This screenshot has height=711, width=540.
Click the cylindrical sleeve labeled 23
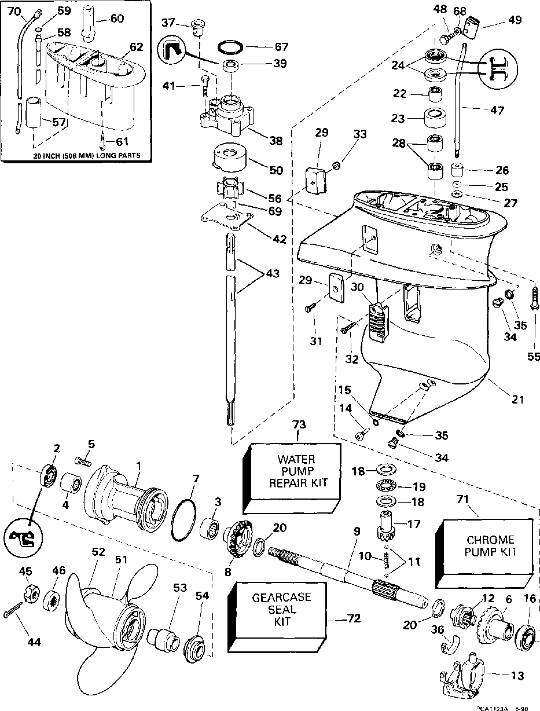[x=435, y=118]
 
